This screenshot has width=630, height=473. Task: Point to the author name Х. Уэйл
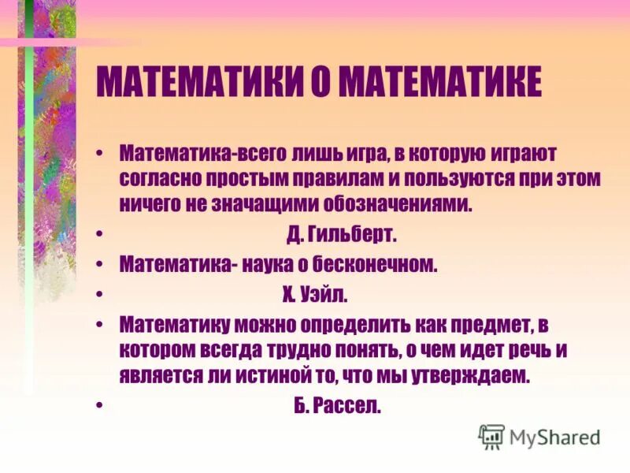[314, 295]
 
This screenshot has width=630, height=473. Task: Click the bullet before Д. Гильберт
[103, 235]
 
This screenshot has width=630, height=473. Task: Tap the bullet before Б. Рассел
[103, 408]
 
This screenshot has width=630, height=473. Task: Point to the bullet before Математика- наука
[103, 265]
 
